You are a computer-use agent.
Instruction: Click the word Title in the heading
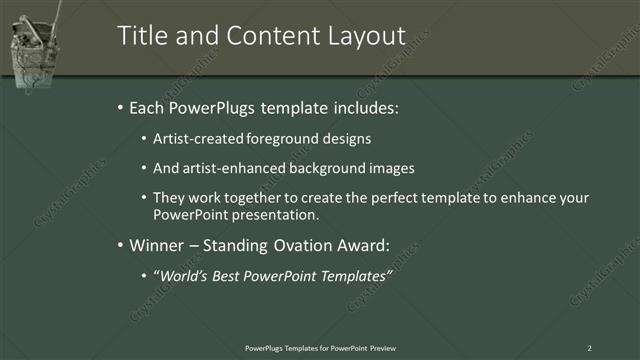140,36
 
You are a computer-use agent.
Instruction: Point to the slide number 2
589,347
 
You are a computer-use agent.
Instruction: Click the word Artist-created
195,139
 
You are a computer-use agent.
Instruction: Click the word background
325,168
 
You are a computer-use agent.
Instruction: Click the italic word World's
181,275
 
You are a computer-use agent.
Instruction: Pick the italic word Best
231,275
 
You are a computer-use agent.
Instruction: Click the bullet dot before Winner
121,245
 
